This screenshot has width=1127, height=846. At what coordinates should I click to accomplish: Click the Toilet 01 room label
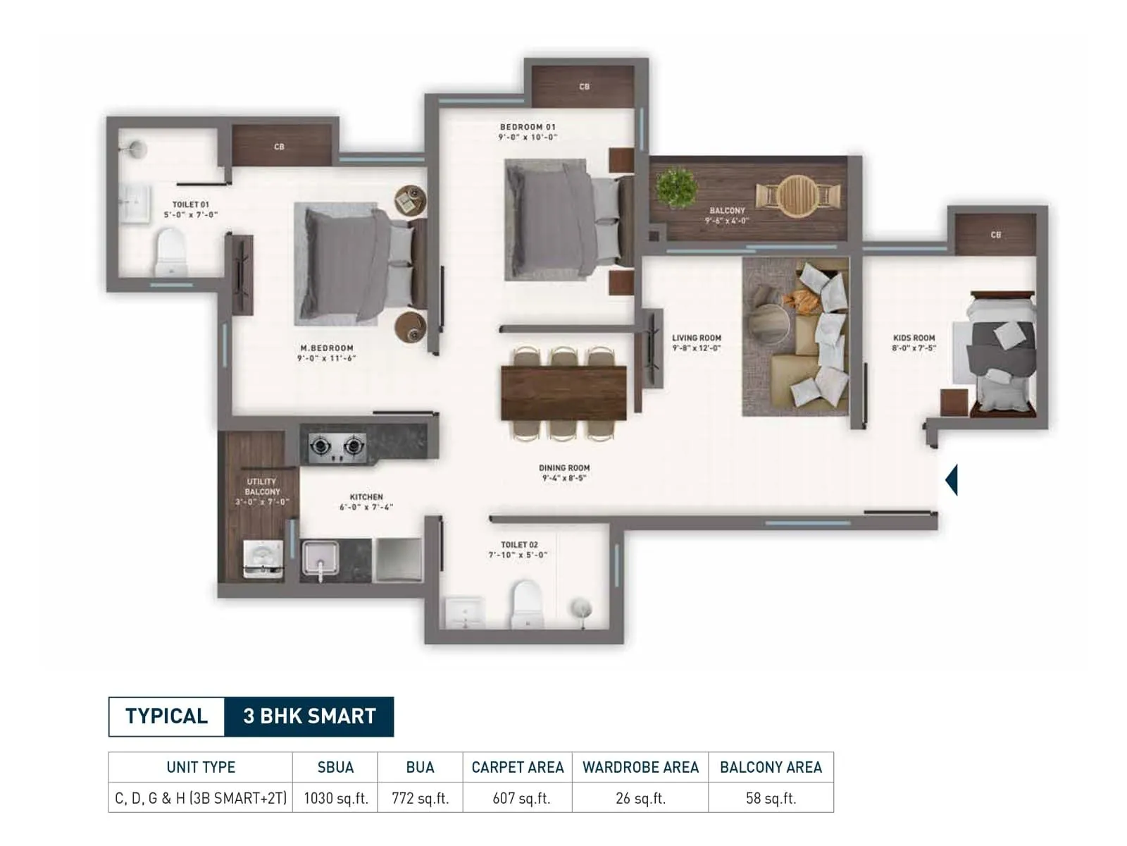[191, 205]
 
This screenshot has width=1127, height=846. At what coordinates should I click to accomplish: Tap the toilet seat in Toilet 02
[526, 603]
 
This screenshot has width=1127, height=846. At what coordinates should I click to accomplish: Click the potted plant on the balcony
[677, 186]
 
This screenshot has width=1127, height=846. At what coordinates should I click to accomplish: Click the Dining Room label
[564, 468]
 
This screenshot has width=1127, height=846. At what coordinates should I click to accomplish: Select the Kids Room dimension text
[914, 348]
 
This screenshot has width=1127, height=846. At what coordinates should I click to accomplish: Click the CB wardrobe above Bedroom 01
[583, 87]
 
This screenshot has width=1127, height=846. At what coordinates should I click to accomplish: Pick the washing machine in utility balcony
[263, 559]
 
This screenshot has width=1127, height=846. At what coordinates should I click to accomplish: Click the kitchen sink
[320, 558]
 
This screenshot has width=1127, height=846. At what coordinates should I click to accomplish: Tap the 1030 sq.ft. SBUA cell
[335, 799]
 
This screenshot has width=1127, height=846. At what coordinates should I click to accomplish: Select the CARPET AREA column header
[517, 767]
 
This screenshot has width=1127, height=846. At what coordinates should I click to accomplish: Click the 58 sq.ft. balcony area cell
[771, 799]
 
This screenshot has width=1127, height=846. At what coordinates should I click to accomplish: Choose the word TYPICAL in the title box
[167, 716]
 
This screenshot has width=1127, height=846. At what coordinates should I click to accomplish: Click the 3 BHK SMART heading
[309, 716]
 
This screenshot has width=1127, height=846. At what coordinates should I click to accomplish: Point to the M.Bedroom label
[327, 348]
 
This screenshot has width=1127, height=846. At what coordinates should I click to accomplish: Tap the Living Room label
[696, 338]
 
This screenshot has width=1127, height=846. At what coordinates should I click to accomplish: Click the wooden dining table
[563, 393]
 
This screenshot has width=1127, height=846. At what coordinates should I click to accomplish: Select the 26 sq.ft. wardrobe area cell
[640, 799]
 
